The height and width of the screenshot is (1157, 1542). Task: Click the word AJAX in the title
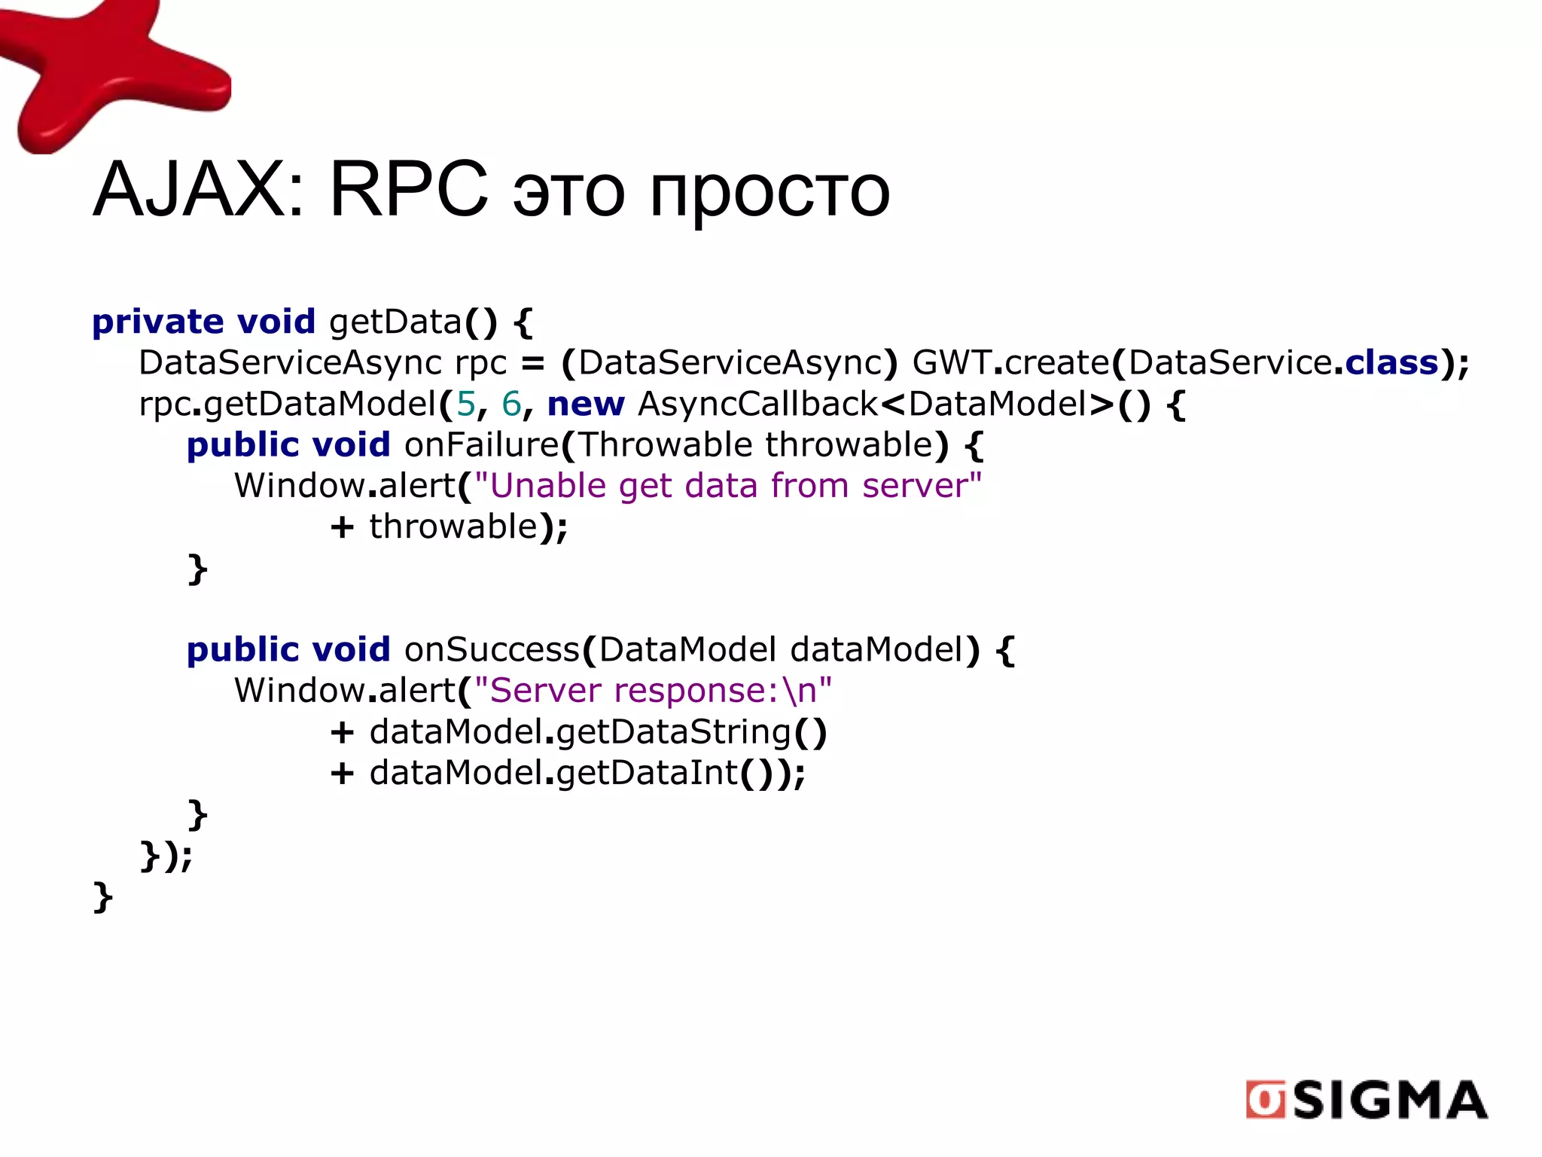click(x=197, y=190)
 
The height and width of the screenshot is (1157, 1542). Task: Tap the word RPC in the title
click(x=409, y=190)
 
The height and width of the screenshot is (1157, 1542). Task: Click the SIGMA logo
click(x=1366, y=1100)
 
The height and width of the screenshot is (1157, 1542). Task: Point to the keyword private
click(x=157, y=322)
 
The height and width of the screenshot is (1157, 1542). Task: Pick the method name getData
click(x=395, y=322)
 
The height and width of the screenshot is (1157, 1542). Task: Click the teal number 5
click(x=466, y=404)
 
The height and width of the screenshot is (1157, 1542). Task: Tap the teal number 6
click(x=511, y=404)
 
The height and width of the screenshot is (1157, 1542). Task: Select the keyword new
click(x=586, y=404)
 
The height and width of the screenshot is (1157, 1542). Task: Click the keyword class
click(x=1391, y=363)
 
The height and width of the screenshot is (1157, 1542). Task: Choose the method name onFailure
click(x=482, y=445)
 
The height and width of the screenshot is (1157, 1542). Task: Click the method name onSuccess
click(x=492, y=650)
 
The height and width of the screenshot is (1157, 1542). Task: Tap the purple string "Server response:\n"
click(x=654, y=691)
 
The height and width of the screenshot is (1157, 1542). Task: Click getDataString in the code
click(x=674, y=732)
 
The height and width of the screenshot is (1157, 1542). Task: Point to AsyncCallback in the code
click(x=758, y=404)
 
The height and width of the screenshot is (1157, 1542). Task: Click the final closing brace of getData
click(x=102, y=896)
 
